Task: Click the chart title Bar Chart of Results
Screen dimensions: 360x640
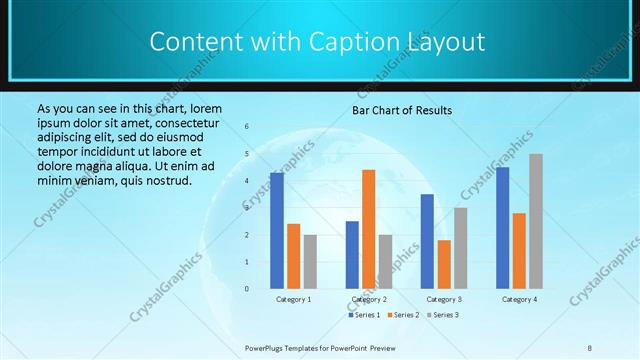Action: click(x=401, y=110)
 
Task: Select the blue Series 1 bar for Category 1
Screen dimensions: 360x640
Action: click(x=277, y=231)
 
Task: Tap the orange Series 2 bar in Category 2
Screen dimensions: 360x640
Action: click(x=369, y=229)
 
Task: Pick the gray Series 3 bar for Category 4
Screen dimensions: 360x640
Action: click(x=536, y=221)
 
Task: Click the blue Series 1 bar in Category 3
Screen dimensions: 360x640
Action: click(x=427, y=241)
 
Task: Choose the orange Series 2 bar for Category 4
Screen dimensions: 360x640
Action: click(x=519, y=250)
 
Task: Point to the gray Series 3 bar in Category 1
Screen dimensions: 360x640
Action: click(x=310, y=261)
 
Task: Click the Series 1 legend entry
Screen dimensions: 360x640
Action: click(x=364, y=315)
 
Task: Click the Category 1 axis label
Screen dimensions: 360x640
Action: click(x=294, y=299)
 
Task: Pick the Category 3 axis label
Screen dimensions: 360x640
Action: click(x=444, y=299)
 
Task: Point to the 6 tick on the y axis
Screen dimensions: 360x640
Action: click(x=247, y=127)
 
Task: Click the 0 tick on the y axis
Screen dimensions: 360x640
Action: click(x=247, y=289)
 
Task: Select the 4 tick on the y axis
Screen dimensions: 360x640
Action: click(x=247, y=181)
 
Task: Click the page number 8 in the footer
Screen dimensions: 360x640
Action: click(x=590, y=347)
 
